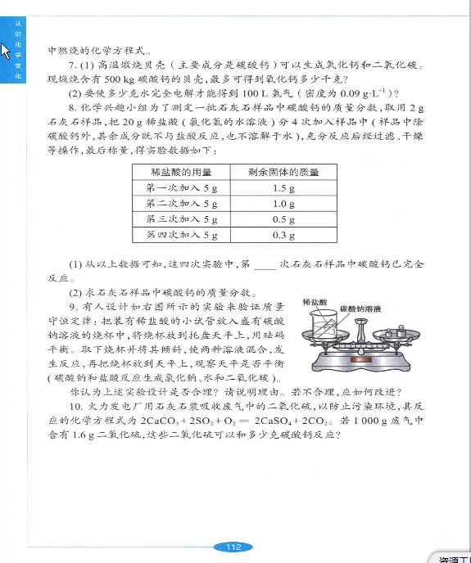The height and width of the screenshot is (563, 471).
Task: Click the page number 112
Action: tap(233, 547)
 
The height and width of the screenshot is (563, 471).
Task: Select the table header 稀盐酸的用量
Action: tap(181, 172)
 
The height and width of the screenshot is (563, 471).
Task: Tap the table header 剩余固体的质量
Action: tap(283, 172)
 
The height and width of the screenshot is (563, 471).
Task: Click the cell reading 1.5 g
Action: tap(283, 188)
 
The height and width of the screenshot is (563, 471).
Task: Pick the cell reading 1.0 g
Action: tap(283, 204)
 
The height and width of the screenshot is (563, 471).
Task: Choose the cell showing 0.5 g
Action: tap(283, 219)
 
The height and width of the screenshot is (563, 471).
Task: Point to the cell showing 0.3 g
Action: tap(283, 235)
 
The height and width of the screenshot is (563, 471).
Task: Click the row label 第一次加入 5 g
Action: tap(182, 188)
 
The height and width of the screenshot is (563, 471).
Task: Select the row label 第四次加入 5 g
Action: tap(182, 235)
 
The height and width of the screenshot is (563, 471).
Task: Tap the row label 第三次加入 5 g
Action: tap(182, 219)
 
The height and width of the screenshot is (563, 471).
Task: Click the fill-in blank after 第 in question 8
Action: tap(265, 268)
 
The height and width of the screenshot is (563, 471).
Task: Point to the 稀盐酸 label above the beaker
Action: tap(315, 302)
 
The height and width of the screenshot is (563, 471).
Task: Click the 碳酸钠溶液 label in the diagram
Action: tap(360, 309)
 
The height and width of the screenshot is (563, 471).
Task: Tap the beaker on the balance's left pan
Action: tap(324, 323)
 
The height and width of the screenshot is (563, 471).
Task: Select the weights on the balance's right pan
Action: tap(396, 331)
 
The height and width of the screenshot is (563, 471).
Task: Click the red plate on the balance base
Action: tap(360, 360)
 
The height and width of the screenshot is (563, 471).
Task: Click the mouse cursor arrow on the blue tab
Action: tap(5, 51)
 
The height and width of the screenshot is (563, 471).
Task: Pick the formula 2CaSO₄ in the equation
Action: tap(274, 421)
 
